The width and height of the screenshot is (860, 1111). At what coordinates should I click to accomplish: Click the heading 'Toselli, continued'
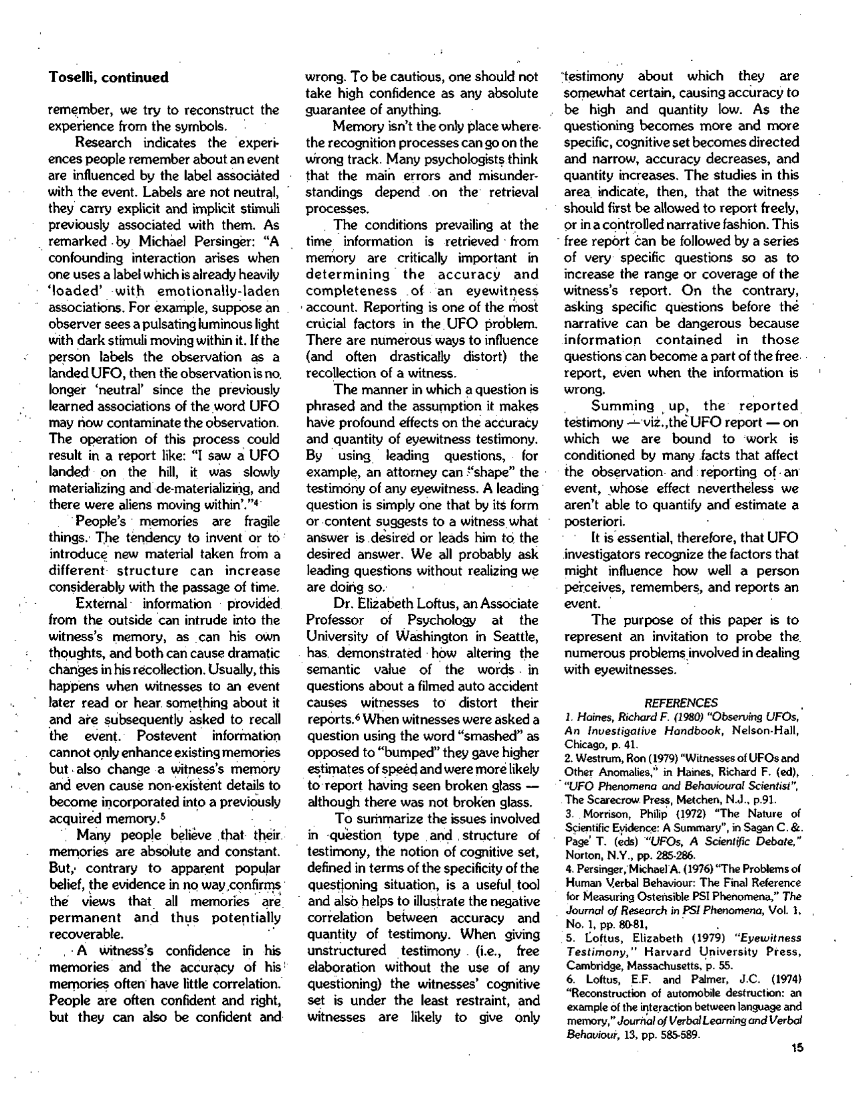(x=108, y=77)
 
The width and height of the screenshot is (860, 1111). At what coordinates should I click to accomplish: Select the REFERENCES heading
(x=680, y=703)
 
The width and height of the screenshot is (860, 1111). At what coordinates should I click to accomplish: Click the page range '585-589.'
(x=679, y=1035)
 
